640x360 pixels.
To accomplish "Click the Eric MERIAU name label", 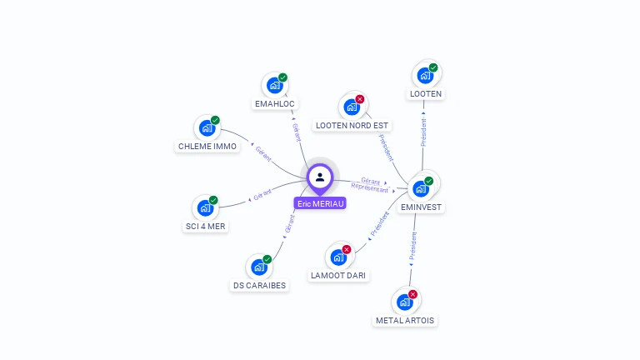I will click(320, 202).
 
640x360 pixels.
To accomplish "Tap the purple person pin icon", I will click(320, 177).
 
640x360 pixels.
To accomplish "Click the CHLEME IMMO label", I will click(207, 147).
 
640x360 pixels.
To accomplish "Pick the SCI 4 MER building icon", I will click(203, 207).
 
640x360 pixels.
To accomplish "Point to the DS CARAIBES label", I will click(259, 285).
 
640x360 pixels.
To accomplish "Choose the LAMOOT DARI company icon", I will click(337, 257).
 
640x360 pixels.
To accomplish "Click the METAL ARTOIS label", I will click(405, 320).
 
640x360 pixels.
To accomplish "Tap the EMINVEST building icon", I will click(421, 187).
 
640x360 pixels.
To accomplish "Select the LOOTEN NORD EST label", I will click(352, 125).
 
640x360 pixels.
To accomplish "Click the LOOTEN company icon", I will click(425, 76).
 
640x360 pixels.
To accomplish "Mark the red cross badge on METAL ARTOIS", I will click(412, 294).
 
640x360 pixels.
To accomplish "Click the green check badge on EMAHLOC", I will click(282, 77).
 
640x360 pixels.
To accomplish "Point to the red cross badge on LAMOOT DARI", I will click(347, 249).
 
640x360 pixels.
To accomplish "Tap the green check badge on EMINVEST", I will click(429, 181).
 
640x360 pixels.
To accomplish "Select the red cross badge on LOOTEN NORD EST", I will click(360, 99).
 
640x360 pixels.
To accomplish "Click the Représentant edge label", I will click(370, 188).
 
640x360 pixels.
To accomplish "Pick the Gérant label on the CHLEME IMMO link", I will click(263, 152).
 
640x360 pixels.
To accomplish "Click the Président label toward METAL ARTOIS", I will click(412, 245).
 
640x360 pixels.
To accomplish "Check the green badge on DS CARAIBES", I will click(267, 259).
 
